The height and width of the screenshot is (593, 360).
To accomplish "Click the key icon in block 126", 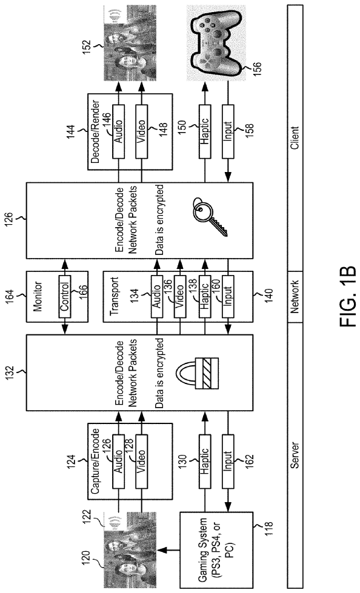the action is click(209, 216).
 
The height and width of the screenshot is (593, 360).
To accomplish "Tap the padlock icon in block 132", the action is click(202, 373).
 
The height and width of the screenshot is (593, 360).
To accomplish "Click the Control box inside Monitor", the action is click(64, 291).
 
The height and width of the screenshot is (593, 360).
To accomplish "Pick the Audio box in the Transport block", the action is click(157, 291).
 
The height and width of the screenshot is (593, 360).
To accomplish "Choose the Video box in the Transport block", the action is click(180, 291).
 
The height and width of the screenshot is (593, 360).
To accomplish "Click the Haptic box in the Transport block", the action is click(205, 291).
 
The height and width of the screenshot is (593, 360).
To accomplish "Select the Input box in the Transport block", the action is click(228, 291).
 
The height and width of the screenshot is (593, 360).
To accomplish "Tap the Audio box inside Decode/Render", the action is click(119, 131).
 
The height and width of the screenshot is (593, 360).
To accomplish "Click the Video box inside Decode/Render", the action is click(142, 131).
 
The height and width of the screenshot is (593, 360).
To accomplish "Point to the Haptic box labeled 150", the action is click(205, 131).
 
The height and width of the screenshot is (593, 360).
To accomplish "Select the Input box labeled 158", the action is click(228, 131).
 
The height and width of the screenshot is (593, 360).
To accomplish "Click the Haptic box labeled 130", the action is click(205, 461).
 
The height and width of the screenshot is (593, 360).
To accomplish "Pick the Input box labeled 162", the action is click(228, 461).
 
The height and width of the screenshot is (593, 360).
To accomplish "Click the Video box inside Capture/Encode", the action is click(142, 461).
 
